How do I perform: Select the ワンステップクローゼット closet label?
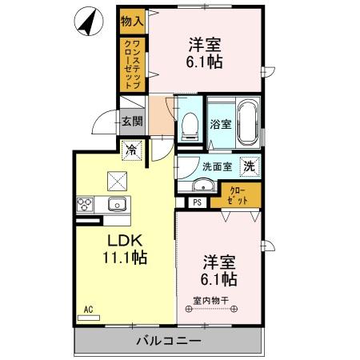133,64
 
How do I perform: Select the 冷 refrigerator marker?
131,149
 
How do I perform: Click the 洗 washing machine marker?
250,166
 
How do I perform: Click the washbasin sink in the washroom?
203,186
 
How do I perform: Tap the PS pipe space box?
197,202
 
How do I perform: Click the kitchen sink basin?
118,204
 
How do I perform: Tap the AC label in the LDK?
88,308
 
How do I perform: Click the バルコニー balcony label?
168,341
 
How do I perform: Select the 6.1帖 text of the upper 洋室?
205,61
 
